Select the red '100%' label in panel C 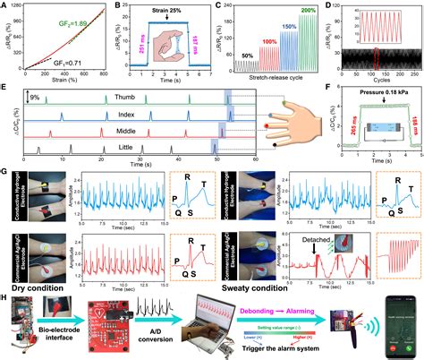(245, 41)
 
